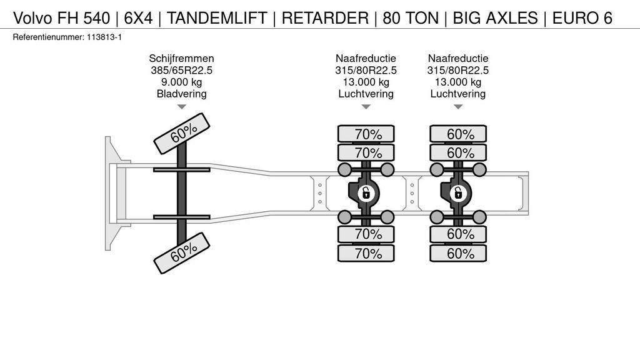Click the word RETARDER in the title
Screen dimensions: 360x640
click(324, 18)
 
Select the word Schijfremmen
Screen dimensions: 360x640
click(182, 58)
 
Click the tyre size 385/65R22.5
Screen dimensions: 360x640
click(182, 70)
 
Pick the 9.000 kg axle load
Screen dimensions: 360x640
click(182, 82)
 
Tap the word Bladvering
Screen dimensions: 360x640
click(182, 94)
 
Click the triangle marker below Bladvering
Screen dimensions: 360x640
click(182, 107)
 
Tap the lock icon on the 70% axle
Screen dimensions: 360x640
click(366, 193)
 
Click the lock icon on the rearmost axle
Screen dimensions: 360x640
click(458, 193)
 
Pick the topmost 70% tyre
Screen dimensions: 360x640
click(366, 134)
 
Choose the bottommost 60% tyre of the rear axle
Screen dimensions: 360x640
click(458, 253)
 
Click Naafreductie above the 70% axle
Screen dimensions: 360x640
click(366, 58)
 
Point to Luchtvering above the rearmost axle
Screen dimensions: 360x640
click(458, 94)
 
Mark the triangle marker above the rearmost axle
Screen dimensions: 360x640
click(458, 107)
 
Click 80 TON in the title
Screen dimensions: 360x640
click(409, 18)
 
